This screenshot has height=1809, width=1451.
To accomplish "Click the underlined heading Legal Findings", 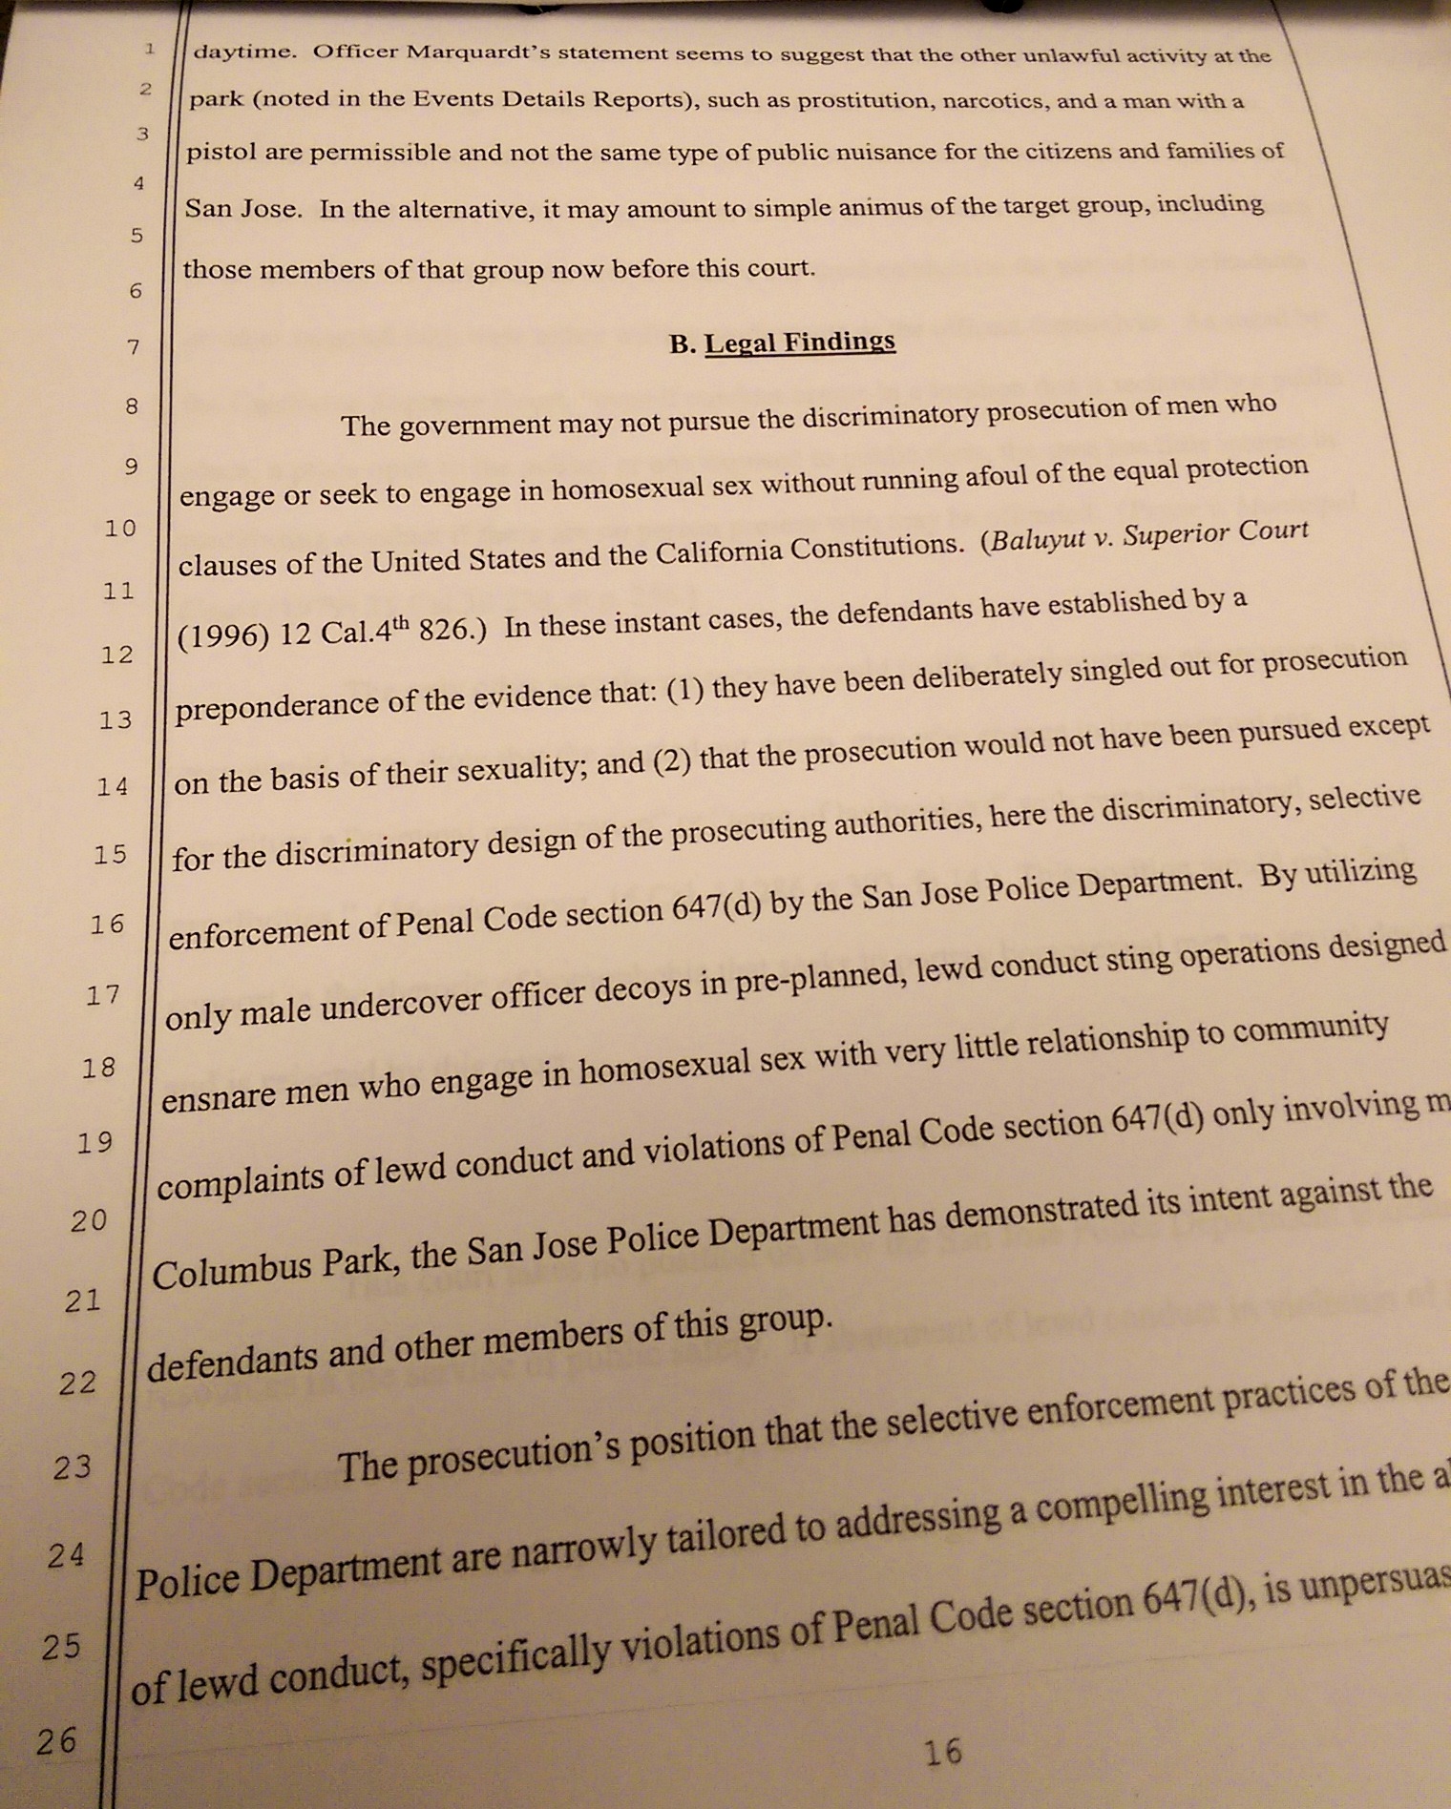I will click(x=799, y=342).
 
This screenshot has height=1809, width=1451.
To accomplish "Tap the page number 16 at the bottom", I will click(x=943, y=1751).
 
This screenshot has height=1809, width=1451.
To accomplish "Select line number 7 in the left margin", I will click(x=133, y=347).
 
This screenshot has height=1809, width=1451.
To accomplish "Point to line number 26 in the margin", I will click(x=56, y=1741).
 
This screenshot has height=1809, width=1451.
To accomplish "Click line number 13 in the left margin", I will click(x=116, y=719).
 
